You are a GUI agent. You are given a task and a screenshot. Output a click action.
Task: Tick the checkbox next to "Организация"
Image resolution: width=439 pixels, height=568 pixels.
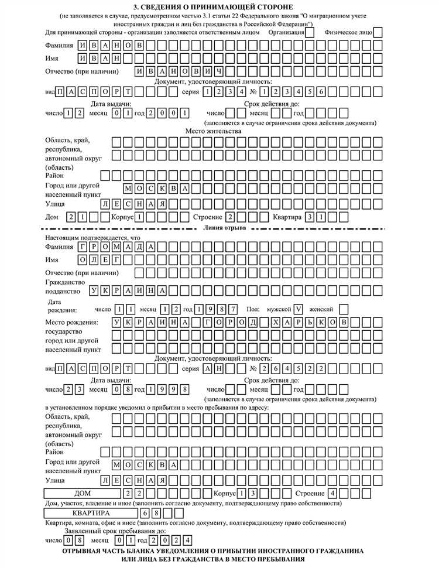tap(310, 32)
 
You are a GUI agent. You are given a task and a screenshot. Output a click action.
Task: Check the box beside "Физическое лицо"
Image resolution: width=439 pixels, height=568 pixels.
tap(378, 32)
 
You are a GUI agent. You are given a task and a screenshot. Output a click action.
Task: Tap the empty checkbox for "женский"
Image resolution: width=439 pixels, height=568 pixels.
tap(344, 309)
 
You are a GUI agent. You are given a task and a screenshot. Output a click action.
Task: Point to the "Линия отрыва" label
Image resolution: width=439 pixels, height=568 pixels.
tap(225, 227)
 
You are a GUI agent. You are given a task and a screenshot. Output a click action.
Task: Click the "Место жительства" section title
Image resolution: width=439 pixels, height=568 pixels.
tap(213, 131)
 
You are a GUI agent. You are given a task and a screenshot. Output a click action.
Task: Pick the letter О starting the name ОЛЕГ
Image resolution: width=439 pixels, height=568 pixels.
tap(84, 259)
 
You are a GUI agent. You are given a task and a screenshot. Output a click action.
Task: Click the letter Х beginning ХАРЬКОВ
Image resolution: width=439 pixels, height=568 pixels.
tap(276, 323)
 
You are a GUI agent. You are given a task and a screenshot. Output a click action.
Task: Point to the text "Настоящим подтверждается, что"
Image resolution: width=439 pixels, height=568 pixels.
tap(93, 238)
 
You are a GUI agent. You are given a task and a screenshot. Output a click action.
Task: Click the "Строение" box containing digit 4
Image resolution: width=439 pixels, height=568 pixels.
tap(332, 493)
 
